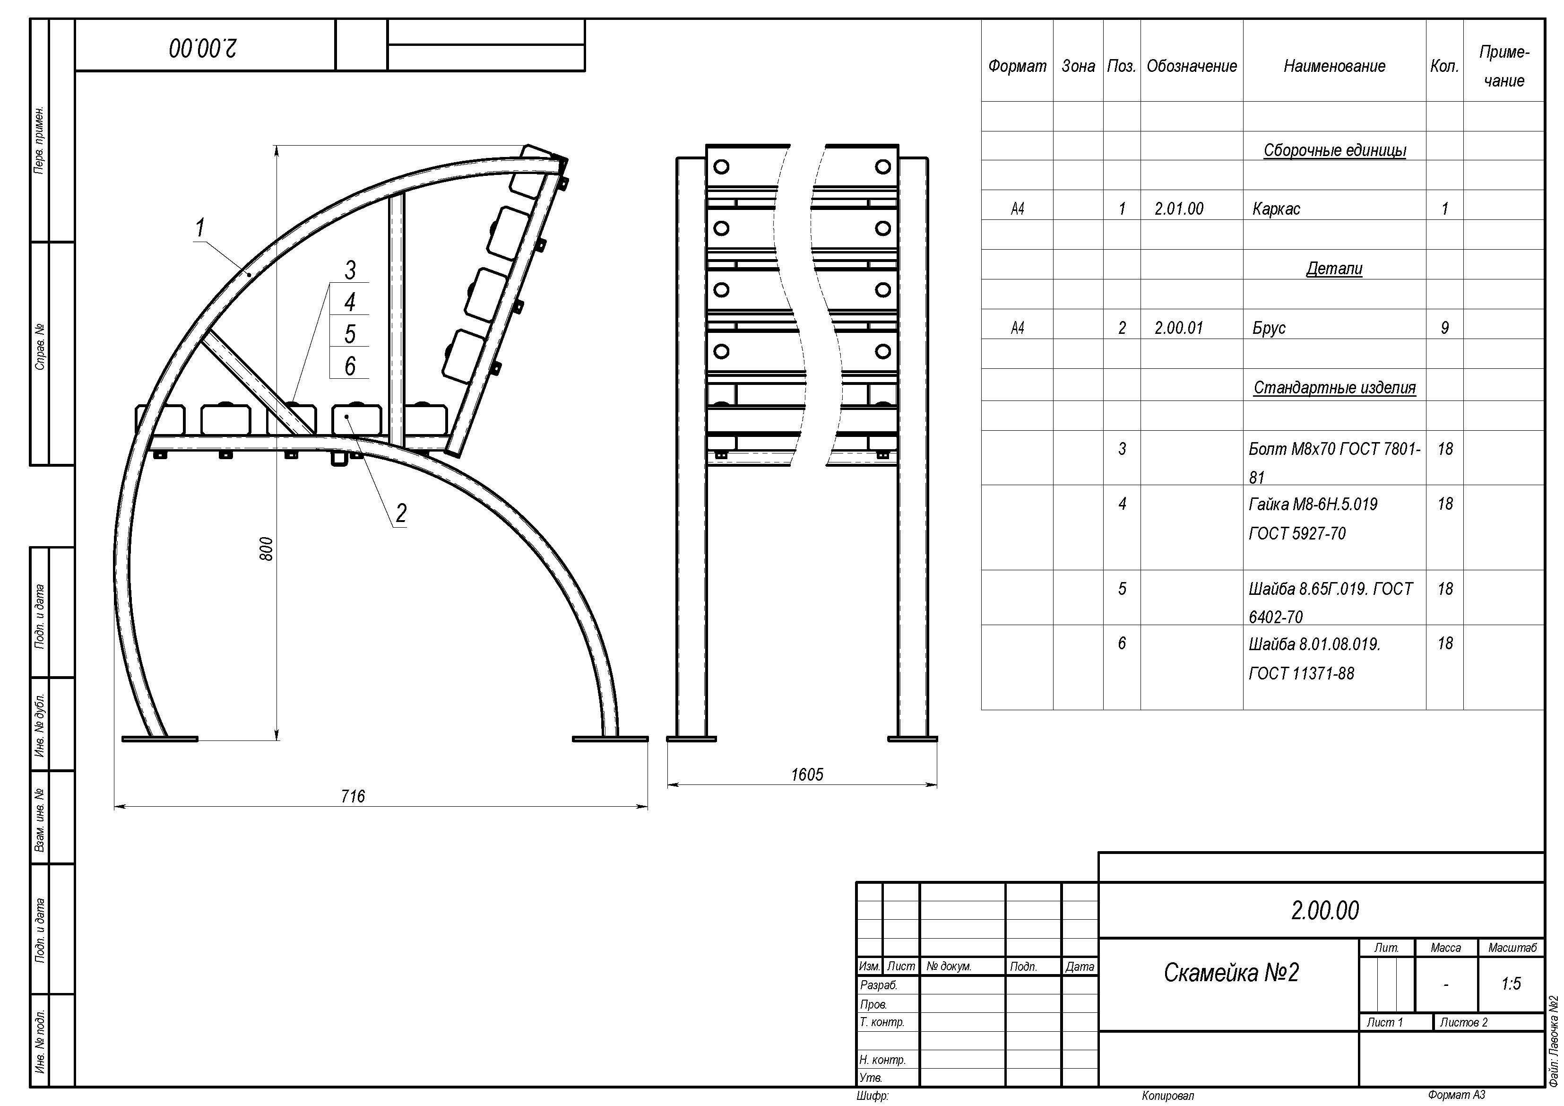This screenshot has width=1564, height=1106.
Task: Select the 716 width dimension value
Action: [353, 796]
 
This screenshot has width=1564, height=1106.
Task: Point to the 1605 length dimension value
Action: [807, 775]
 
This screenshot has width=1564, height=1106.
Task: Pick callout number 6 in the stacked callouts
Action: [349, 366]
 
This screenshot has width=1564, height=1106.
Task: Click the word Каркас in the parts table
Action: [1276, 209]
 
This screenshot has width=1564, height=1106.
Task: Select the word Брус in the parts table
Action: [1269, 328]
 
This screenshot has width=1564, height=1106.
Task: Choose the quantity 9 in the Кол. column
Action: [1444, 328]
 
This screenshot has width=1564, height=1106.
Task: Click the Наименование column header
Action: [1334, 66]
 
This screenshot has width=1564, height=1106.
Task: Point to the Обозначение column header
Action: [1192, 66]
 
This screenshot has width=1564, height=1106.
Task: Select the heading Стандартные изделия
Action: [1334, 388]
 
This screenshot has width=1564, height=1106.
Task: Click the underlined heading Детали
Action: [1334, 269]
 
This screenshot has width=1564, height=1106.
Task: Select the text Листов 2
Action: [1464, 1022]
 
